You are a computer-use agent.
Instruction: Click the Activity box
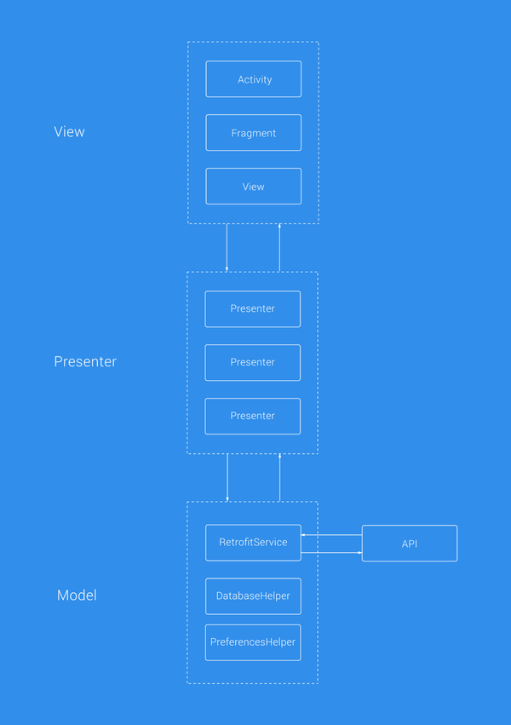(253, 79)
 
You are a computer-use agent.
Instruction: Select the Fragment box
(253, 133)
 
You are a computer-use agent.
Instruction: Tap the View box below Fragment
(253, 187)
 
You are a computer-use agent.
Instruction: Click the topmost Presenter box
(252, 308)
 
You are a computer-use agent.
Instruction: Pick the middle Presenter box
(252, 362)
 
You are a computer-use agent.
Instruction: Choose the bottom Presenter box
(252, 416)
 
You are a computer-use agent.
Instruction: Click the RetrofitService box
(253, 543)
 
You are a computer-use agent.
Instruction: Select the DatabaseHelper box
(253, 596)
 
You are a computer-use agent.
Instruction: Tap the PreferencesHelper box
(253, 642)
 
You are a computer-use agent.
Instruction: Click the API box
(410, 544)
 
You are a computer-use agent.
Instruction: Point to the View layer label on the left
(69, 132)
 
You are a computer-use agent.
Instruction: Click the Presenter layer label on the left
(85, 361)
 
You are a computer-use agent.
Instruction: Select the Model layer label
(77, 596)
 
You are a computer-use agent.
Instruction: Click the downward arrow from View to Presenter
(227, 248)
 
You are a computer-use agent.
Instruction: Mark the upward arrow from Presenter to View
(279, 248)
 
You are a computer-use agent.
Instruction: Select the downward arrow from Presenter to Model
(227, 478)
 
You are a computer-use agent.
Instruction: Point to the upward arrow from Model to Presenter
(279, 478)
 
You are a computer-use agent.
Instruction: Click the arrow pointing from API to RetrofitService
(331, 535)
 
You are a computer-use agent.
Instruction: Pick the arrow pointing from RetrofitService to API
(331, 553)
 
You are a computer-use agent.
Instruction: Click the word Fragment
(253, 134)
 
